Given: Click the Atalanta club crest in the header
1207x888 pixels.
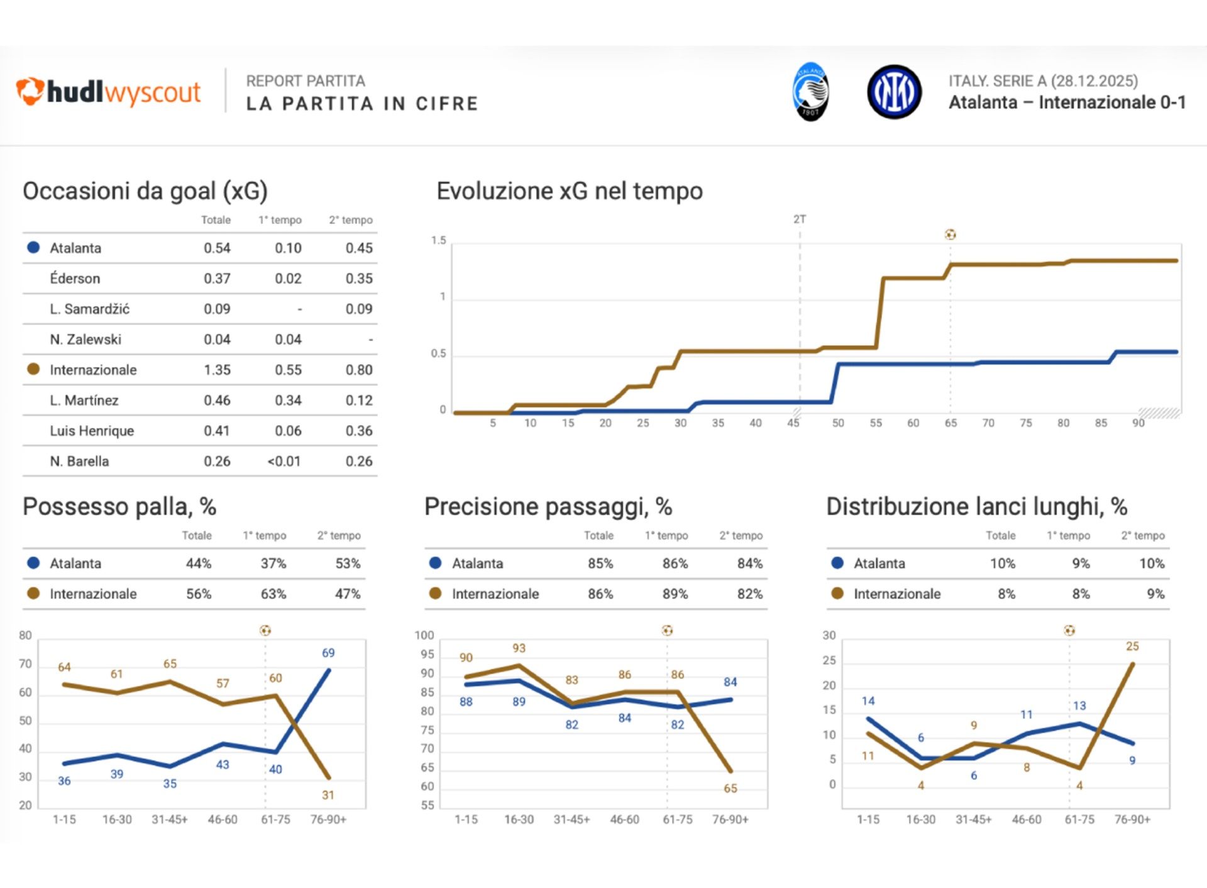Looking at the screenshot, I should tap(810, 92).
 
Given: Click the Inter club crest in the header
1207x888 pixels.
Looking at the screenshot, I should tap(894, 92).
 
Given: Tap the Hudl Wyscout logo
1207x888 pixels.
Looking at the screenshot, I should tap(108, 92).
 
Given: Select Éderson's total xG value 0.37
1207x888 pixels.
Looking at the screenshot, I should tap(217, 279).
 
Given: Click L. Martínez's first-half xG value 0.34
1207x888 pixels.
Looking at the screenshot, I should tap(288, 401).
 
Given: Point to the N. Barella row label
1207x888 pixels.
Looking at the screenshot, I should tap(79, 462).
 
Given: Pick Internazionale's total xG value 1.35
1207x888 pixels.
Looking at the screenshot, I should tap(217, 370).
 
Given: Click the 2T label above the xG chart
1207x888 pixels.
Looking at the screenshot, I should tap(799, 219).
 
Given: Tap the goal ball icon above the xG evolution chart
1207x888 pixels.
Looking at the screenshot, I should tap(950, 235).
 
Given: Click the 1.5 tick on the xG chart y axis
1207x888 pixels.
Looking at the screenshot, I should tap(438, 241).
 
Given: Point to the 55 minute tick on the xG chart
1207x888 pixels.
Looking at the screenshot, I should tap(876, 423).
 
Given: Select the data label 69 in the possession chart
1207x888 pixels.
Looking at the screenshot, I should tap(328, 653).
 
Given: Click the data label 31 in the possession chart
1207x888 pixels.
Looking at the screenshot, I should tap(328, 796).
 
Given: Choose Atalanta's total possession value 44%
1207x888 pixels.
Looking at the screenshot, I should tap(199, 563).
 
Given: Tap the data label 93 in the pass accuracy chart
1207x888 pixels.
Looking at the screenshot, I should tap(519, 648).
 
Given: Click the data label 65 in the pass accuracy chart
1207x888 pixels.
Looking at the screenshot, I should tap(730, 789).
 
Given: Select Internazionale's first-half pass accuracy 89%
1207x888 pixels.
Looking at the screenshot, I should tap(675, 594).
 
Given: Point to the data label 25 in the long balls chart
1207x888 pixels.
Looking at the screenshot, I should tap(1132, 647).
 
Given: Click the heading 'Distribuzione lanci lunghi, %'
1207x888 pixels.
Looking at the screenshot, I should tap(976, 507).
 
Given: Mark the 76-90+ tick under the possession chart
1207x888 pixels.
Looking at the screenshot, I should tap(328, 820).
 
